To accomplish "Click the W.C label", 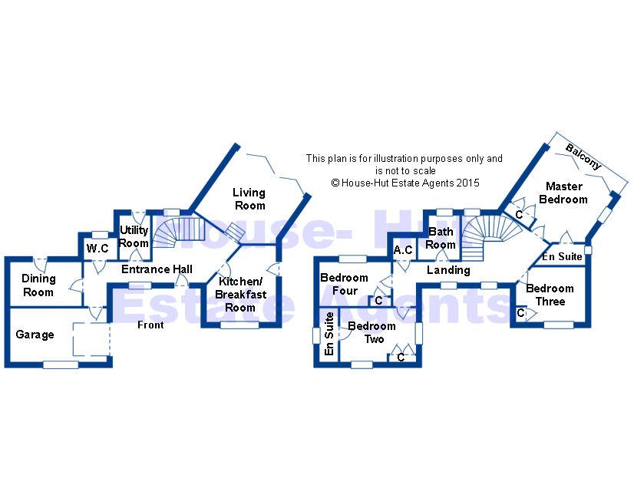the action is coord(97,249).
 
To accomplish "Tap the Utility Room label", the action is coord(134,237).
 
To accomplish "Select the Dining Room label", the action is coord(38,285).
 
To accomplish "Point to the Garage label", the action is coord(35,335).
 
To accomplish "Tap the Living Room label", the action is coord(249,199).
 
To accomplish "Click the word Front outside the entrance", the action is coord(150,325).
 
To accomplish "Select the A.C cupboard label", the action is coord(403,250).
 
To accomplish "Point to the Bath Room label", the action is coord(441,238).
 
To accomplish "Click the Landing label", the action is coord(448,270).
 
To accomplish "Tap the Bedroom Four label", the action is coord(344,284).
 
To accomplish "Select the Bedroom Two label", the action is coord(371,332).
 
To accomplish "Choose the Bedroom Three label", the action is coord(550,295).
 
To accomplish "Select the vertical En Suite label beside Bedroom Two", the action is coord(329,338).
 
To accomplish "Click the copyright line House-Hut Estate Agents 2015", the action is coord(405,183).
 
